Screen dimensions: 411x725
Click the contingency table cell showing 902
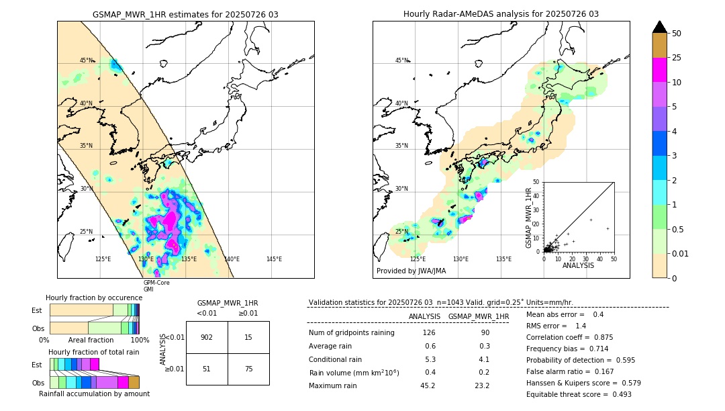point(207,337)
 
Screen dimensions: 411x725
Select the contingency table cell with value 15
point(248,337)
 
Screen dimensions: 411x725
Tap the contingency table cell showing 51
point(207,369)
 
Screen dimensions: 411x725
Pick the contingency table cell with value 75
point(248,369)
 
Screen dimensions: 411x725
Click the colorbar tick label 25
point(677,58)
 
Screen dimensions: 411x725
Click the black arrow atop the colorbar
point(659,27)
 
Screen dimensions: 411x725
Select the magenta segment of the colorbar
point(659,70)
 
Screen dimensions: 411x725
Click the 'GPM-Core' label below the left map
point(156,283)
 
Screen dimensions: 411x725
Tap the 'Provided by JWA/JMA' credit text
point(411,271)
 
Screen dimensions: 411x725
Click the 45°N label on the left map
point(87,60)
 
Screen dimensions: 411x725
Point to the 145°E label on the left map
point(274,259)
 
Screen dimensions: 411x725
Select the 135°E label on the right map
point(503,259)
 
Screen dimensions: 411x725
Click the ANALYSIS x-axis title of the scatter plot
point(578,265)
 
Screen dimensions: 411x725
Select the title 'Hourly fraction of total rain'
point(94,352)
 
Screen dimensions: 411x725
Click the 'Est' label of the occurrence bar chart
point(37,310)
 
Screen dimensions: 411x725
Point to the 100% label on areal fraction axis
point(140,340)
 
